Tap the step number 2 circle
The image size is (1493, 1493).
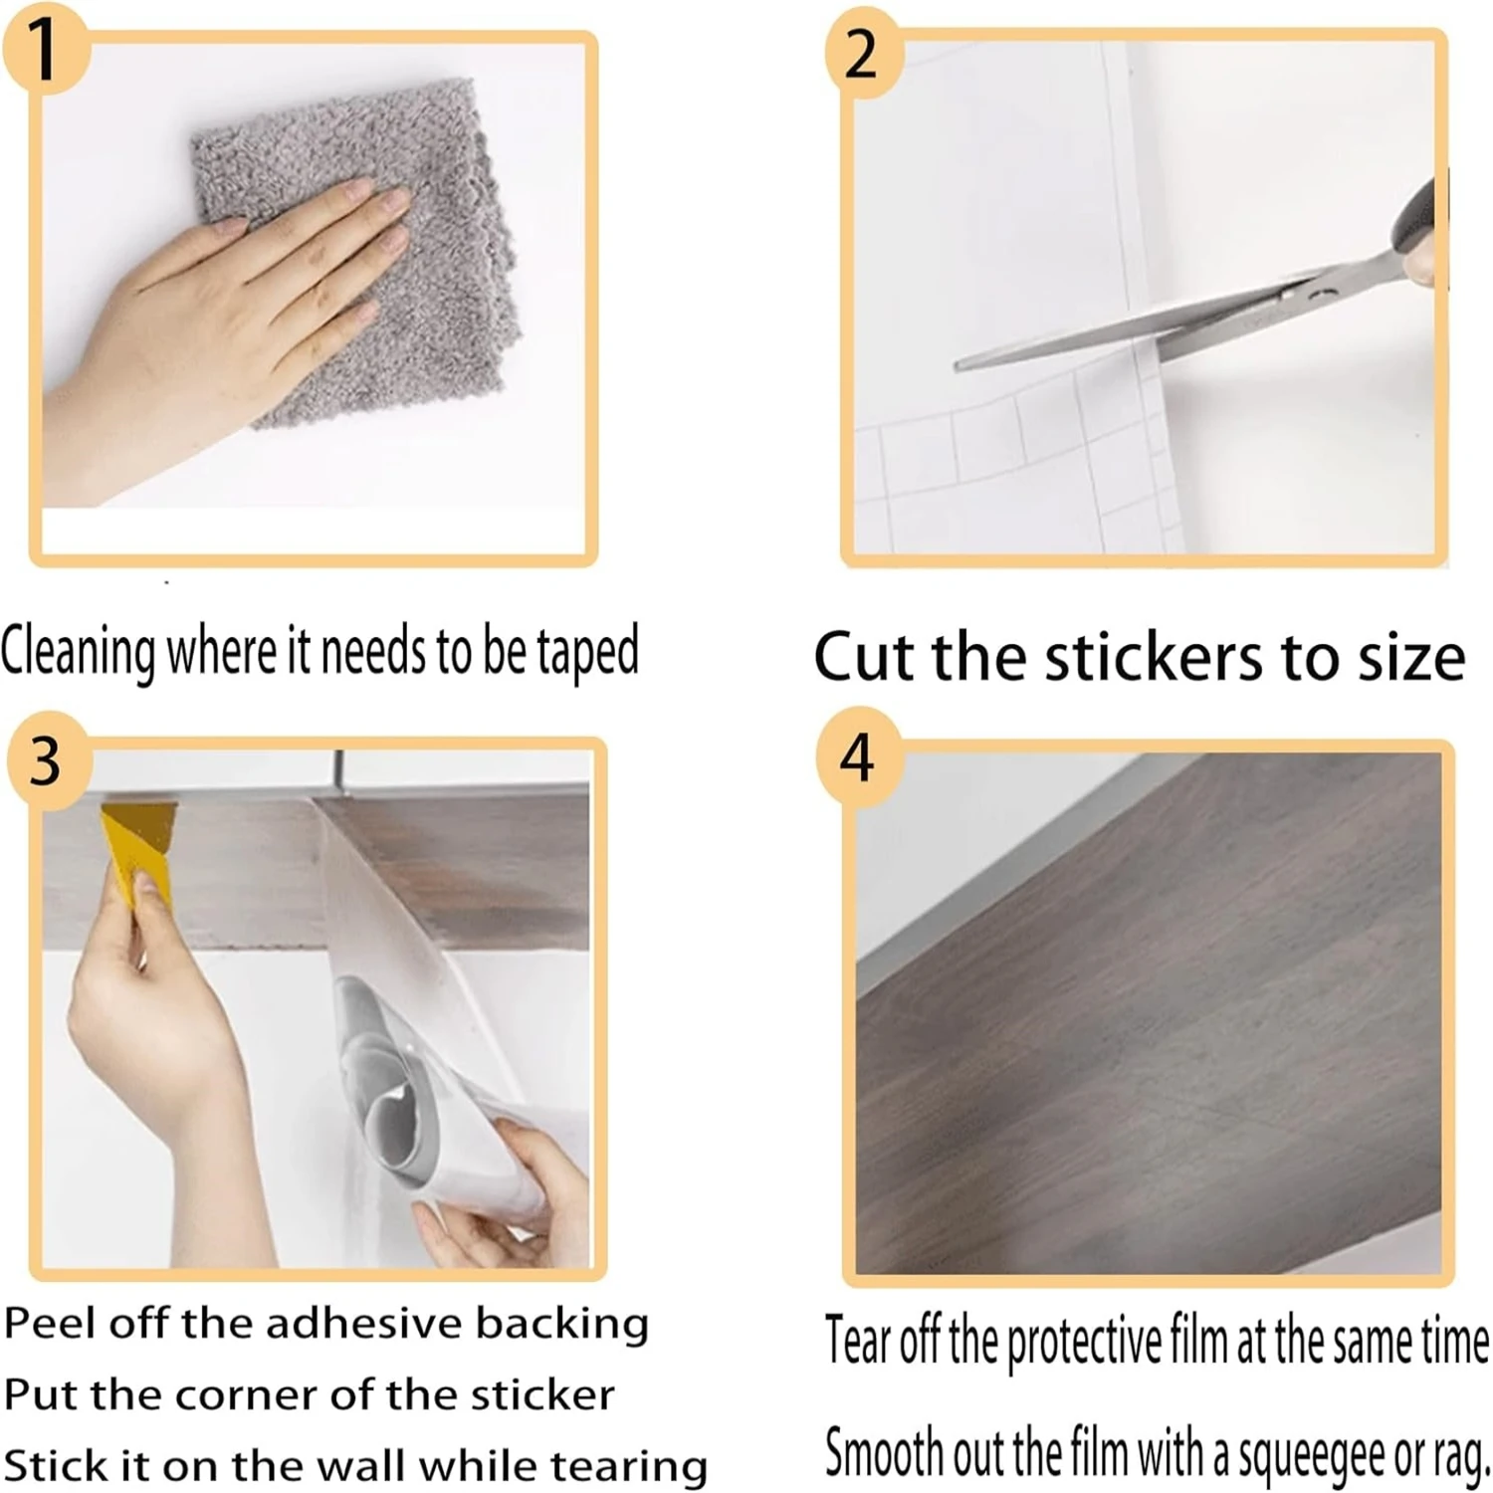[x=862, y=55]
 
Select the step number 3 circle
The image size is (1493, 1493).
[x=47, y=761]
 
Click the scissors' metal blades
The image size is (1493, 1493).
[x=1145, y=328]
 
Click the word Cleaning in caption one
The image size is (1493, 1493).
[x=79, y=653]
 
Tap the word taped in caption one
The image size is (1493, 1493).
[x=587, y=653]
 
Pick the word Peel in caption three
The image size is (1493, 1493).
[x=50, y=1324]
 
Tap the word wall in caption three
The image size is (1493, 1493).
[x=358, y=1467]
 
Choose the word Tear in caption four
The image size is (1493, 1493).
[x=857, y=1341]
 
